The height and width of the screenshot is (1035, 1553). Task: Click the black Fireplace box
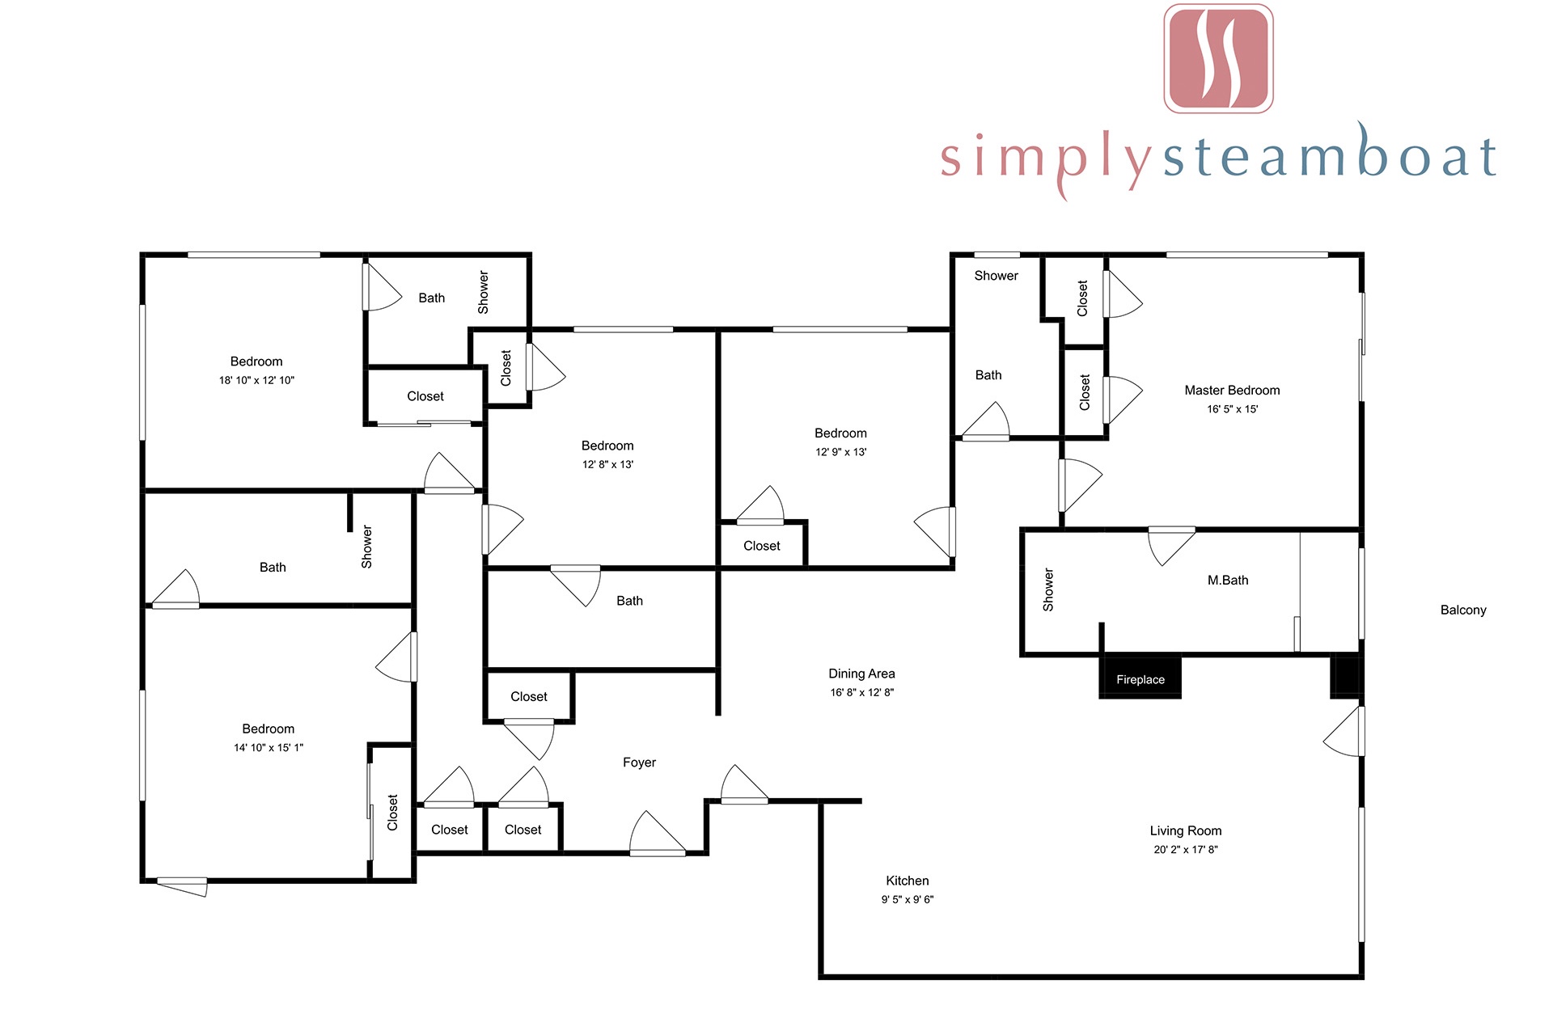pos(1140,677)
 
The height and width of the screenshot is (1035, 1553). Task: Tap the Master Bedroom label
pos(1232,391)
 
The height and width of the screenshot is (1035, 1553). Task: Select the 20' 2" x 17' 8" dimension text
pos(1186,850)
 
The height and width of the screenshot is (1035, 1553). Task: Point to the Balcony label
pos(1463,610)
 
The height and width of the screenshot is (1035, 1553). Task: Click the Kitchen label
pos(908,881)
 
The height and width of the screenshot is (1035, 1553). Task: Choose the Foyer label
pos(639,763)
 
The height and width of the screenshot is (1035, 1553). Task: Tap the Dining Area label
pos(861,674)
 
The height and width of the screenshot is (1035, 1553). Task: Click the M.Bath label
pos(1228,581)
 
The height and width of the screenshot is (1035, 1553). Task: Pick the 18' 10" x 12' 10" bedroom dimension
pos(256,381)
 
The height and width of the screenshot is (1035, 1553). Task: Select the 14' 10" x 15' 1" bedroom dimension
pos(269,748)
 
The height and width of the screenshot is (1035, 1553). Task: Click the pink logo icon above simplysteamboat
pos(1218,58)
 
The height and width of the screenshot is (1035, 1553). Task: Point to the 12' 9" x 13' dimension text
pos(840,453)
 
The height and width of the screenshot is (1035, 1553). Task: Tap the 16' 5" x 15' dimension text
pos(1232,410)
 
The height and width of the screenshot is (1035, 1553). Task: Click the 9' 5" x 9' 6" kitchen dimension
pos(908,900)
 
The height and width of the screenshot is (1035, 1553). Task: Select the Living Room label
pos(1186,830)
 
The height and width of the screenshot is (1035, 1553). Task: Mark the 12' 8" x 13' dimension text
pos(607,465)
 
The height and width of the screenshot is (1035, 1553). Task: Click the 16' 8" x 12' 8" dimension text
pos(861,693)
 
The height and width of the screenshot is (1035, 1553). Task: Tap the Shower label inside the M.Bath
pos(1048,589)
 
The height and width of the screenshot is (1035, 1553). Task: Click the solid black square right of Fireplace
pos(1347,676)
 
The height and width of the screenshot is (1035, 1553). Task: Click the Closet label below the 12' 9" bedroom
pos(762,546)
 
